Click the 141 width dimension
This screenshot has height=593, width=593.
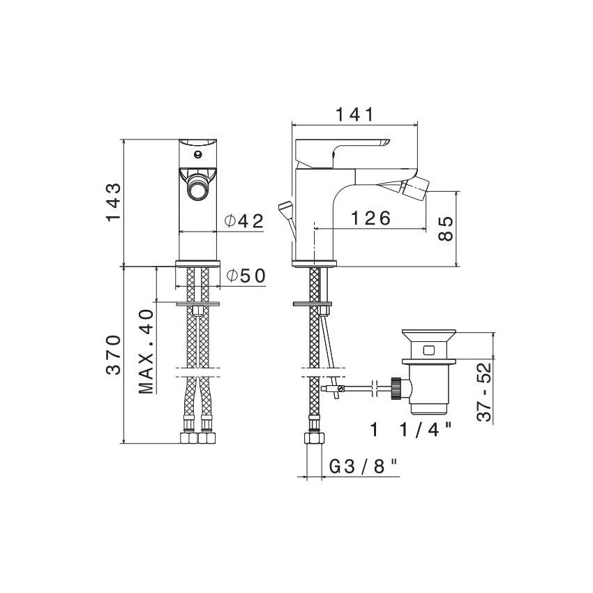point(354,114)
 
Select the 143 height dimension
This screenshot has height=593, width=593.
point(113,203)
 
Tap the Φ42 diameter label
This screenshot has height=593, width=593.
point(243,221)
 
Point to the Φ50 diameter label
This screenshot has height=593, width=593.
point(246,276)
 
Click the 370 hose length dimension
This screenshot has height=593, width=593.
point(113,354)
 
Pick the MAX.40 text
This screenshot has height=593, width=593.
point(147,352)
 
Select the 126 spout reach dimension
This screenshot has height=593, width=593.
point(370,218)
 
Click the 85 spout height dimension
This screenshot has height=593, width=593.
point(446,228)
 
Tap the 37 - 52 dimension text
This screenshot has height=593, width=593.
point(484,392)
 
